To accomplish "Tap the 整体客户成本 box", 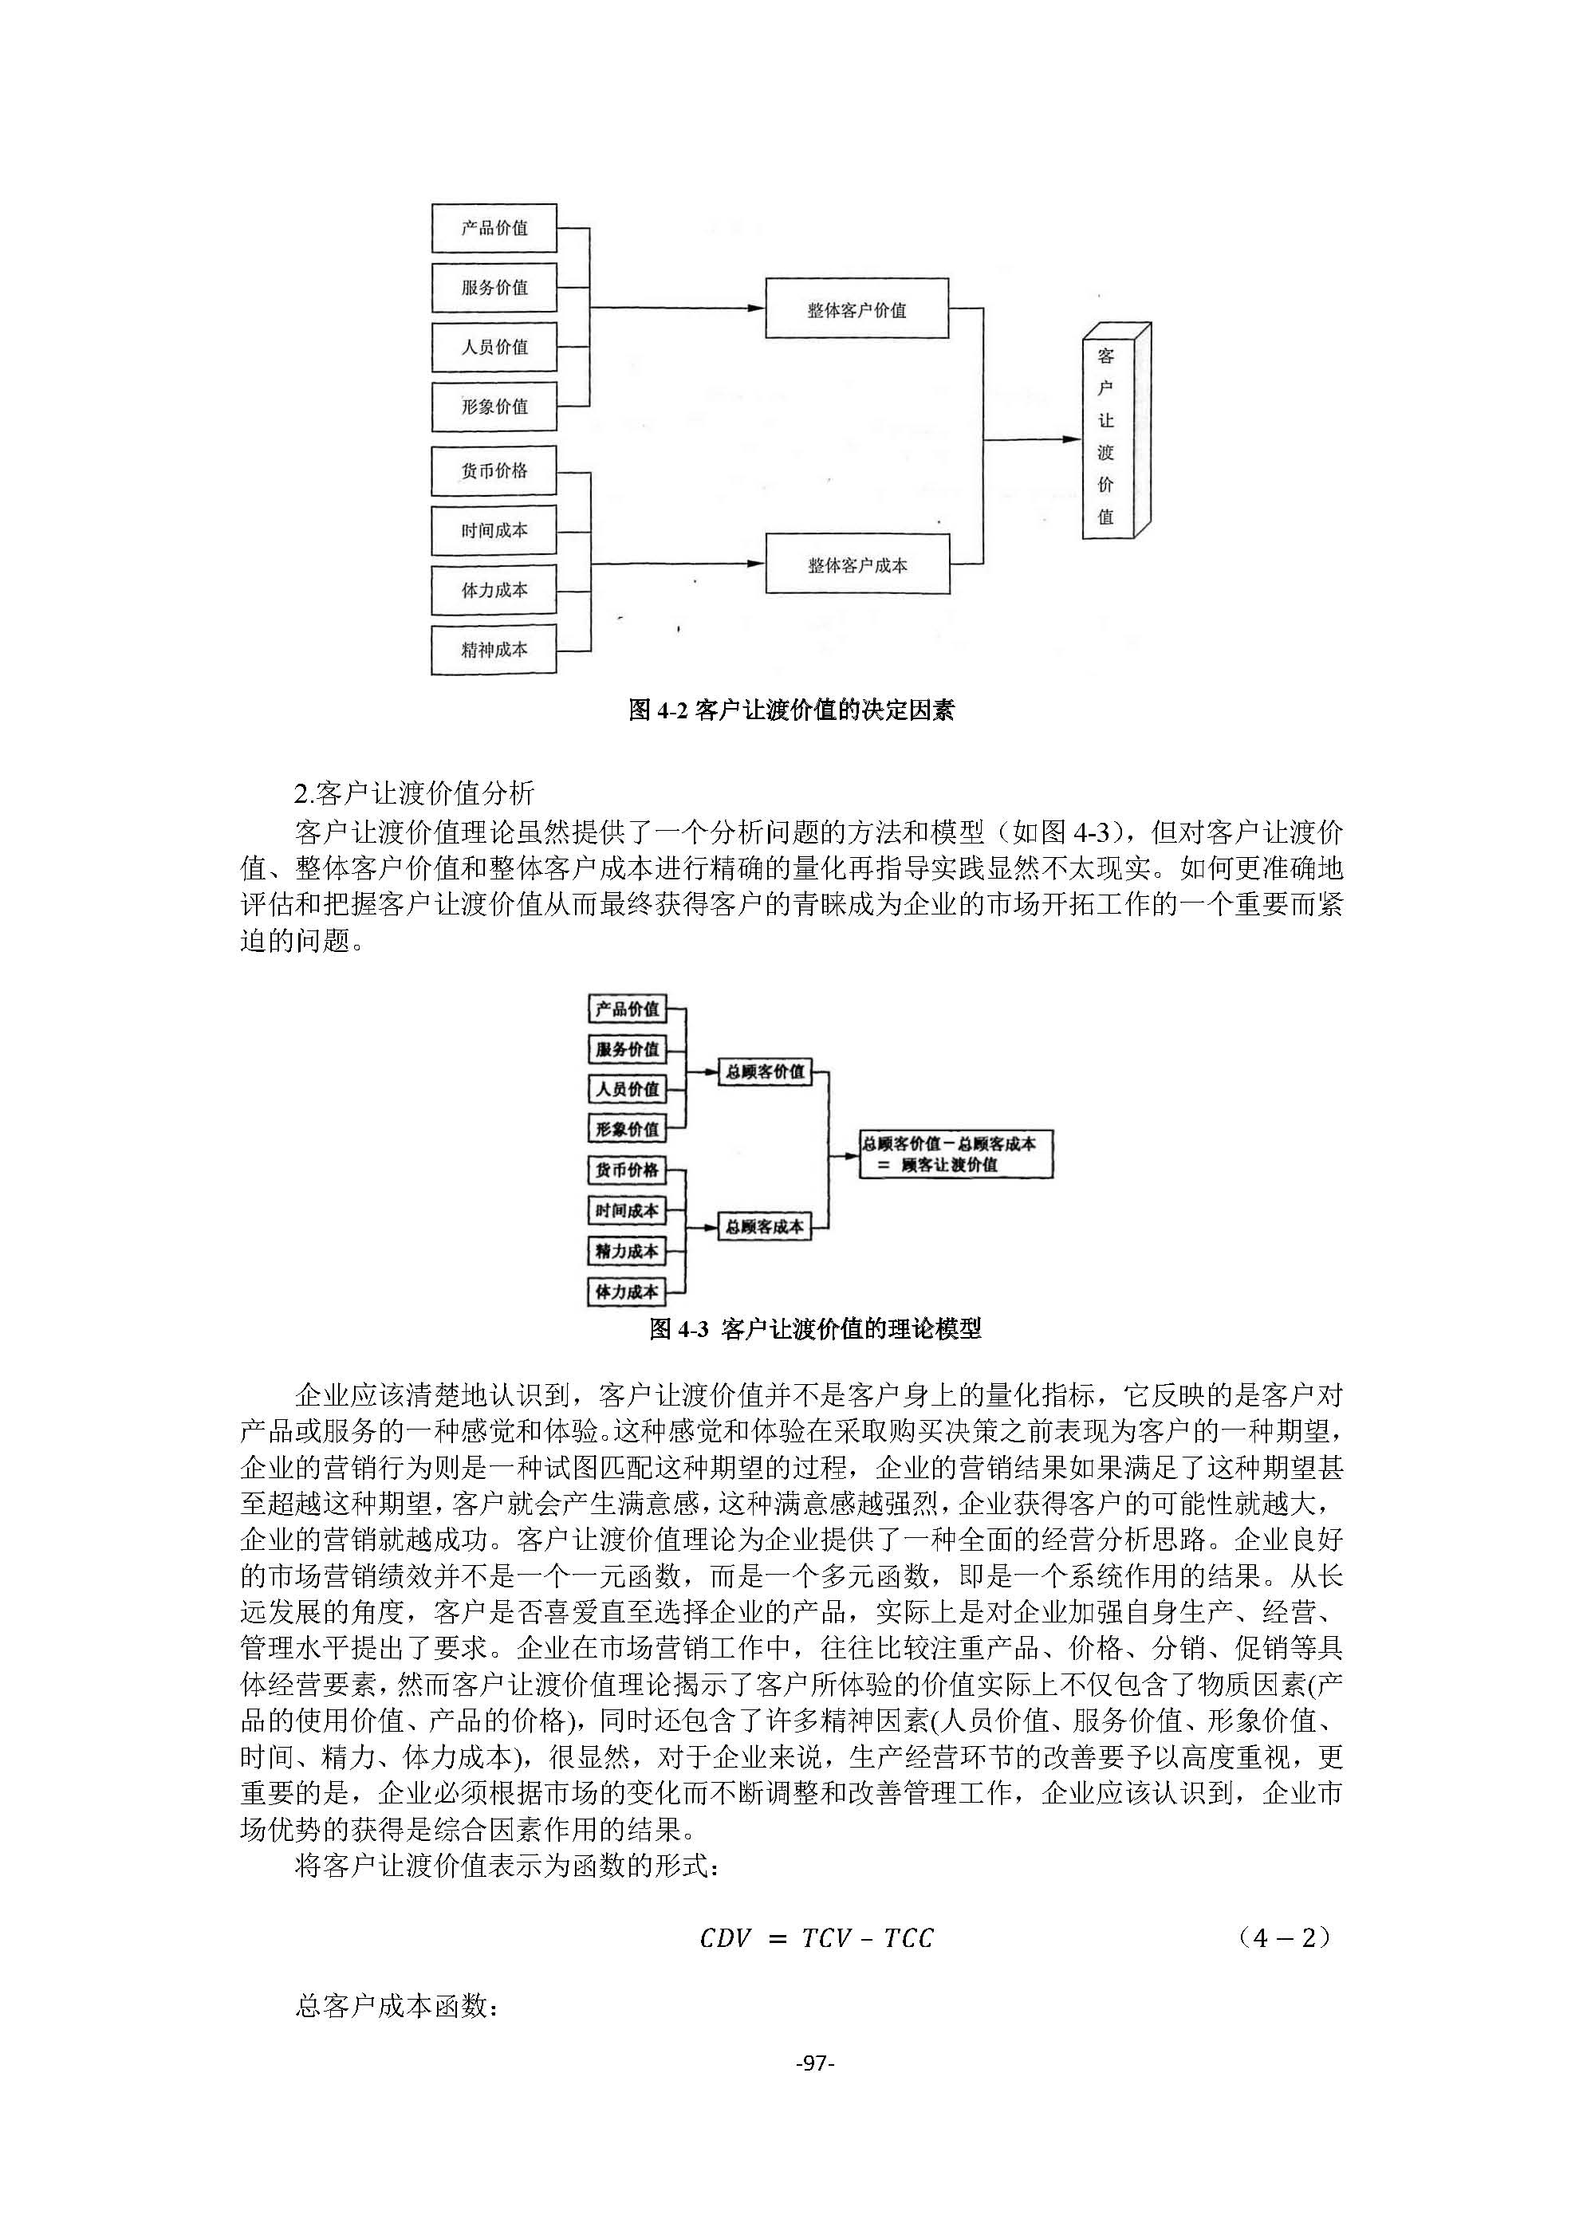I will pyautogui.click(x=856, y=564).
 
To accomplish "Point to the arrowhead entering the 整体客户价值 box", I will pyautogui.click(x=756, y=308).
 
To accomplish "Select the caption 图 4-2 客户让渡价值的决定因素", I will pyautogui.click(x=790, y=710).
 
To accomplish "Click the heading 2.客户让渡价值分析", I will pyautogui.click(x=414, y=793).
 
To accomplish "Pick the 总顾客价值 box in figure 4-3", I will pyautogui.click(x=764, y=1072).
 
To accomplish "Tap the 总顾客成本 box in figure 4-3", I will pyautogui.click(x=764, y=1226).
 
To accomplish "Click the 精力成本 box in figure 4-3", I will pyautogui.click(x=627, y=1251).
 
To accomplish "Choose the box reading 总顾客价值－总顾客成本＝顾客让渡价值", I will pyautogui.click(x=955, y=1154).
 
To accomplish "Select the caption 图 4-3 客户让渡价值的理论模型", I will pyautogui.click(x=815, y=1328).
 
